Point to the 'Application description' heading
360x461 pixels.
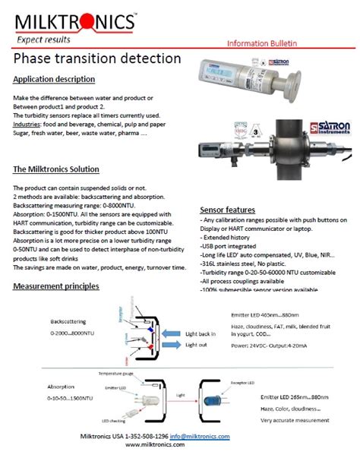(54, 80)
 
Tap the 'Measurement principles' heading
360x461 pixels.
(56, 286)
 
